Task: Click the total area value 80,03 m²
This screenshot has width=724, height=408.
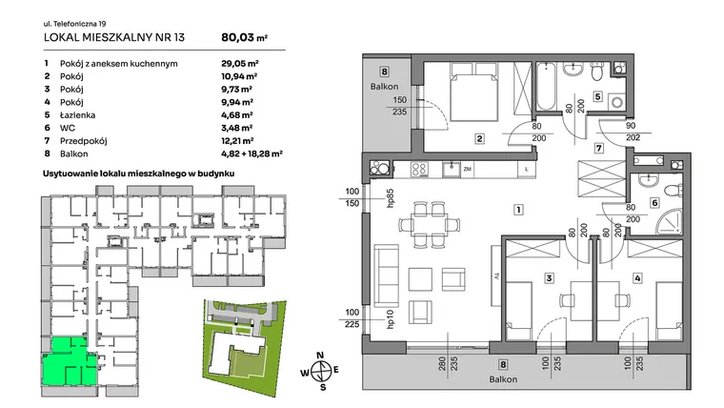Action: [x=244, y=37]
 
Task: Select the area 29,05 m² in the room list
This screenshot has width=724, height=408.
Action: [x=240, y=64]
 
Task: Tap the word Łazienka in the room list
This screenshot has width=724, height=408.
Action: [x=77, y=115]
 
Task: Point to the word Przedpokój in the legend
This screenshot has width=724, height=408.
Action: [x=84, y=141]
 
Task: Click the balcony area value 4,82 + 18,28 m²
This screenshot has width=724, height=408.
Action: [x=251, y=153]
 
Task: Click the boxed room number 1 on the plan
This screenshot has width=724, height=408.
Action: [x=518, y=210]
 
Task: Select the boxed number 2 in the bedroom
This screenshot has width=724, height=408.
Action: [x=480, y=138]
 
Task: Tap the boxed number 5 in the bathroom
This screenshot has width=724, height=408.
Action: [x=598, y=96]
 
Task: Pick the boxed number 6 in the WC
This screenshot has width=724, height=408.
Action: [x=654, y=202]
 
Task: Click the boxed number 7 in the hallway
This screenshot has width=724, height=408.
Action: [x=599, y=148]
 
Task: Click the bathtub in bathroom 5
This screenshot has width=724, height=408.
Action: [x=546, y=87]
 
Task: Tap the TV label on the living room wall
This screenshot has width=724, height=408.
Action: [x=497, y=276]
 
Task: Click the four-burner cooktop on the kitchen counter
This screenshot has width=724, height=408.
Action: [x=419, y=170]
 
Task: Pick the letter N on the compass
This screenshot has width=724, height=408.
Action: [x=320, y=356]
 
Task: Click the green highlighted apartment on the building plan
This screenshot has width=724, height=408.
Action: [x=70, y=362]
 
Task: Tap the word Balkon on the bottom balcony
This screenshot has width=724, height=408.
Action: [x=503, y=379]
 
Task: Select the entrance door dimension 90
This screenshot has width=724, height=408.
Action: [x=631, y=126]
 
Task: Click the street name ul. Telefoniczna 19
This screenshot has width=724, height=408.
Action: [x=75, y=24]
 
